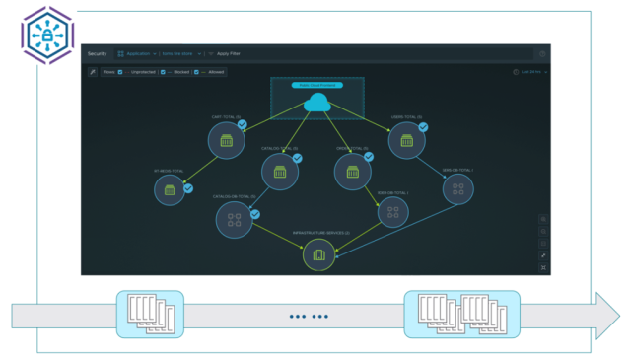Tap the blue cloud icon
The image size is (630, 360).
tap(316, 102)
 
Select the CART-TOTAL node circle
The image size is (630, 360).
tap(226, 140)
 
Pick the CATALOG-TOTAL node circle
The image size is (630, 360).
tap(280, 172)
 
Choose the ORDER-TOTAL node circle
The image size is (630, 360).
tap(352, 172)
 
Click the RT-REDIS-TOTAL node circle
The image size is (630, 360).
tap(170, 189)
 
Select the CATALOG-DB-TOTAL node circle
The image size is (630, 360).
tap(234, 218)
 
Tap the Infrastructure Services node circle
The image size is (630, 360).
tap(318, 255)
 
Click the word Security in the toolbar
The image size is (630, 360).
tap(97, 53)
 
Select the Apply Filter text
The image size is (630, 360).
tap(230, 53)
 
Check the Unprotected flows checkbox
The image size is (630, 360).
tap(121, 72)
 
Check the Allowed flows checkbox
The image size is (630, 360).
tap(197, 72)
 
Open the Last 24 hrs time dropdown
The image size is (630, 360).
tap(530, 72)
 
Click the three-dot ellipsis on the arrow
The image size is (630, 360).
tap(309, 317)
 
